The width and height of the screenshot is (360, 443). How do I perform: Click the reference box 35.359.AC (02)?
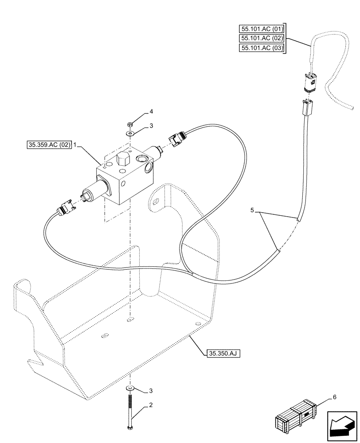point(48,145)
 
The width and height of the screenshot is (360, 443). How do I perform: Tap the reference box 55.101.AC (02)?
point(261,39)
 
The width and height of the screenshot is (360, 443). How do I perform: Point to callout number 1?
point(76,145)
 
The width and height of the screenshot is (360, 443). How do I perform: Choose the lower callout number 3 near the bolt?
point(151,390)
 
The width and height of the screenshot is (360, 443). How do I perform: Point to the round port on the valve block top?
point(142,159)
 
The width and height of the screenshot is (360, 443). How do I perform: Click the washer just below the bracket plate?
point(129,388)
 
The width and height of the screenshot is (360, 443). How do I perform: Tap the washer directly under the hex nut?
point(129,132)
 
